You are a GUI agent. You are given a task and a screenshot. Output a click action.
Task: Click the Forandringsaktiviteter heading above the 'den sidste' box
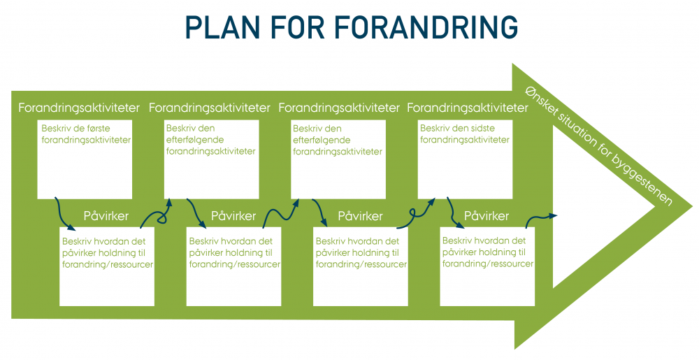pos(467,108)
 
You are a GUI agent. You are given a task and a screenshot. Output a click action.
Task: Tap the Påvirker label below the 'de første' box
pos(106,215)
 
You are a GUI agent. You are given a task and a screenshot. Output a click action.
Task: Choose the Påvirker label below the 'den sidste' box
pos(487,215)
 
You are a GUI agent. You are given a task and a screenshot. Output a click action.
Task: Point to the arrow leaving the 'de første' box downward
pos(64,214)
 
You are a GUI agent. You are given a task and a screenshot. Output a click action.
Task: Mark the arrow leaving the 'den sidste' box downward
pos(453,213)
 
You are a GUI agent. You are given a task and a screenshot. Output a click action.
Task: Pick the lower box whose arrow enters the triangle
pos(487,266)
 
